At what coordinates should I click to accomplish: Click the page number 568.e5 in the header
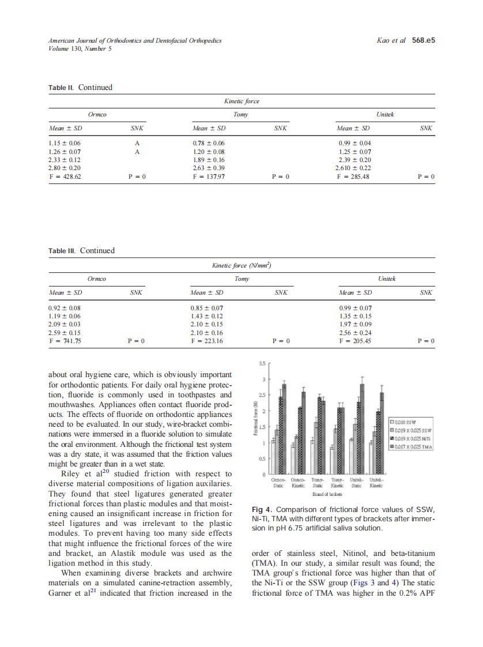point(423,41)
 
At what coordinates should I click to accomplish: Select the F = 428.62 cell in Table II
point(65,176)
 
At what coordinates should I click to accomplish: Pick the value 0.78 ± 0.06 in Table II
point(208,143)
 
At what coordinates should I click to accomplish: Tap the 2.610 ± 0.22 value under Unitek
point(353,168)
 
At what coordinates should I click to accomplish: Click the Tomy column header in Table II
point(241,115)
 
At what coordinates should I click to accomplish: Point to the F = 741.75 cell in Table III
point(65,341)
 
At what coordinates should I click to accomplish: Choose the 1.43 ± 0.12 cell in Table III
point(206,316)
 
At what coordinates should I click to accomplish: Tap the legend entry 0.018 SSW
point(406,421)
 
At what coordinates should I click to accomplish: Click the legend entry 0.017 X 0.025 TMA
point(412,447)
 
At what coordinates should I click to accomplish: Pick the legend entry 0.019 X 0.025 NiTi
point(412,438)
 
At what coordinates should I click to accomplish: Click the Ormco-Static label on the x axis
point(278,483)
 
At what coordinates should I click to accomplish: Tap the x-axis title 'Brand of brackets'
point(327,494)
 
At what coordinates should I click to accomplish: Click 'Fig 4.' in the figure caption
point(262,509)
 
